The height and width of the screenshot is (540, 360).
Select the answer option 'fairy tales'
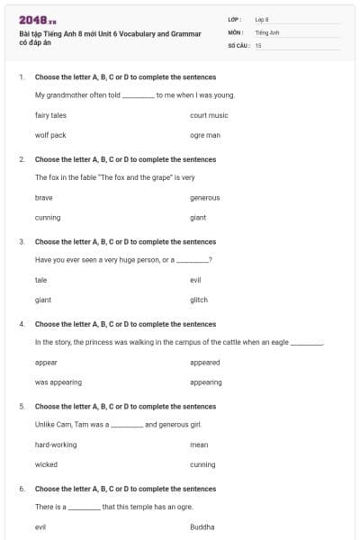(50, 115)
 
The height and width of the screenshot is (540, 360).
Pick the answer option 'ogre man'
(205, 135)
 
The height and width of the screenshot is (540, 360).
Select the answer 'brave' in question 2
(43, 197)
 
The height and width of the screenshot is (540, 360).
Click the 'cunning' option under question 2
(48, 217)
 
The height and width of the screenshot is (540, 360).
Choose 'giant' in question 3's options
(43, 300)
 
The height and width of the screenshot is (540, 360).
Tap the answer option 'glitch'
(199, 300)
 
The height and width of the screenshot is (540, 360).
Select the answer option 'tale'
(40, 280)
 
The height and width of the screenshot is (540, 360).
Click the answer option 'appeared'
(204, 362)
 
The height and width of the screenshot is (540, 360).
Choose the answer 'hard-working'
(56, 445)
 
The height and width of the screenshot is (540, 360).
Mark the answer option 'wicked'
(46, 464)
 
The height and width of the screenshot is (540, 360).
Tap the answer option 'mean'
(199, 445)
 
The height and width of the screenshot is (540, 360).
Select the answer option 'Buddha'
(202, 526)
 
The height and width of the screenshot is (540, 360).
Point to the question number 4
(21, 324)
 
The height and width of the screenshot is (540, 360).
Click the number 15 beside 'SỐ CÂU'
(258, 44)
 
